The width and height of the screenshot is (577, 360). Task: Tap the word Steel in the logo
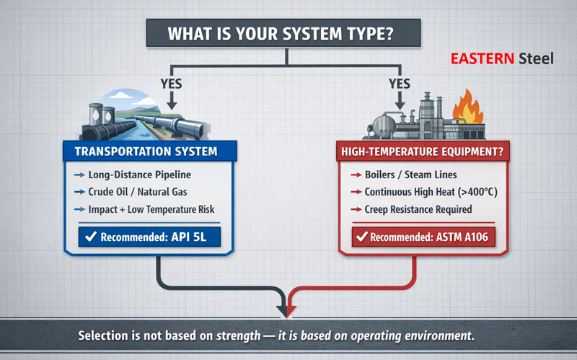[536, 58]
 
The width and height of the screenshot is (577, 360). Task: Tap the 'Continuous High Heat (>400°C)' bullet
[426, 193]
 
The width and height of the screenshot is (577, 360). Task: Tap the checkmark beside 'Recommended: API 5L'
[92, 236]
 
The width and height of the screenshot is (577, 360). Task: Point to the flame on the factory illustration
[467, 106]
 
